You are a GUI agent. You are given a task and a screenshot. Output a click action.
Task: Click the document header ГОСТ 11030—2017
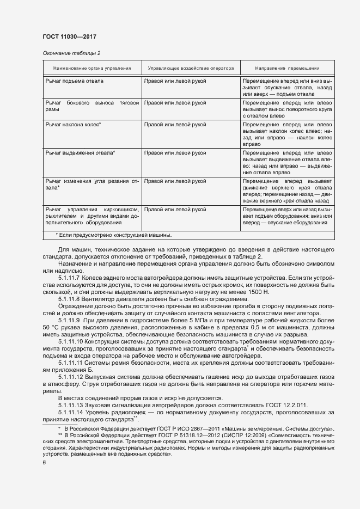coord(70,36)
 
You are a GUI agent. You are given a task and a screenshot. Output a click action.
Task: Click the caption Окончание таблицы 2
coord(71,53)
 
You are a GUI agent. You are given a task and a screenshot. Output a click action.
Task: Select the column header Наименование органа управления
coord(91,69)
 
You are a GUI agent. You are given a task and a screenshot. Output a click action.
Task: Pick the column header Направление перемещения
coord(288,69)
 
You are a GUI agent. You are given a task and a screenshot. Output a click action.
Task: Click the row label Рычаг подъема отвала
coord(74,81)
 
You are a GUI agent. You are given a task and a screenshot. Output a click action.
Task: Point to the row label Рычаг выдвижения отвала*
coord(80,152)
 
